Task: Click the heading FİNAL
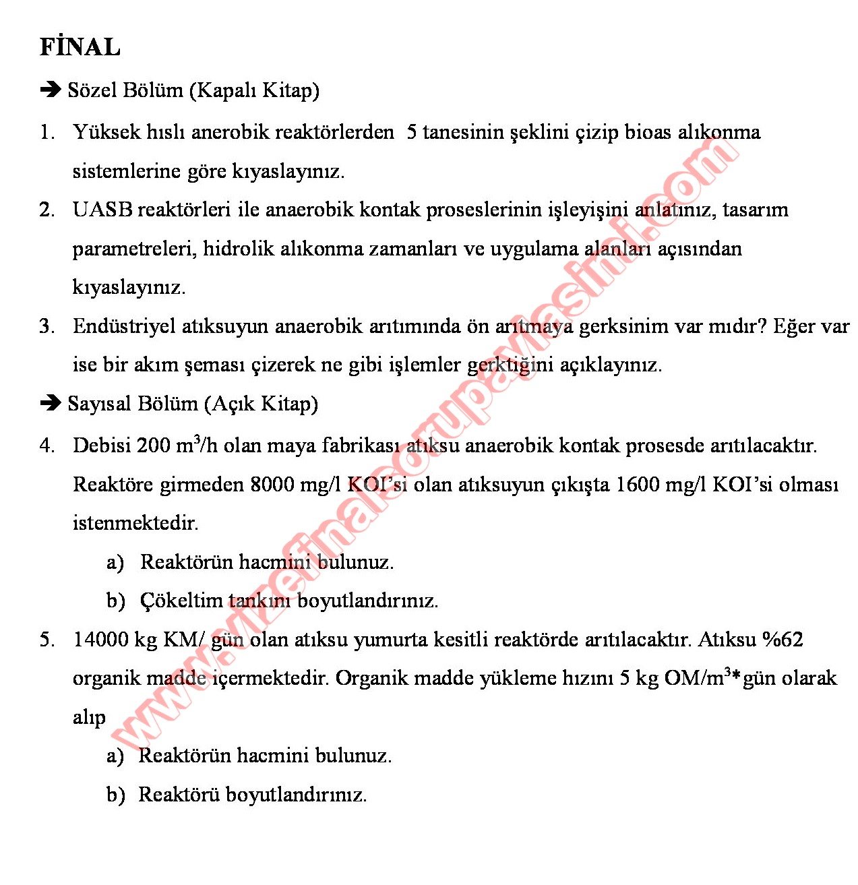[x=80, y=47]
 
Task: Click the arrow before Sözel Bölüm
[x=51, y=90]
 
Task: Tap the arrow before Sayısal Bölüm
[x=51, y=403]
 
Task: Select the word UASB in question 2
[x=102, y=210]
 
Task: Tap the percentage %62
[x=783, y=639]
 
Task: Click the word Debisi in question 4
[x=102, y=446]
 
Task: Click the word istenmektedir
[x=135, y=522]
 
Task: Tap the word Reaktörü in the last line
[x=179, y=794]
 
